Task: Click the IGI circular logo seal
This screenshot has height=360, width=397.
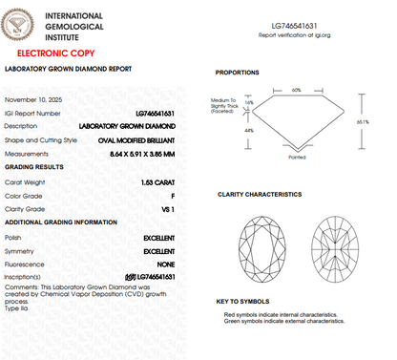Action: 24,24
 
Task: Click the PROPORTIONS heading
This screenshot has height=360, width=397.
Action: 239,73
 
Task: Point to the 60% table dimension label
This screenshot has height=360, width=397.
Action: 296,89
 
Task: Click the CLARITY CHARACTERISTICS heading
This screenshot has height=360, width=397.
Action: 260,194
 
